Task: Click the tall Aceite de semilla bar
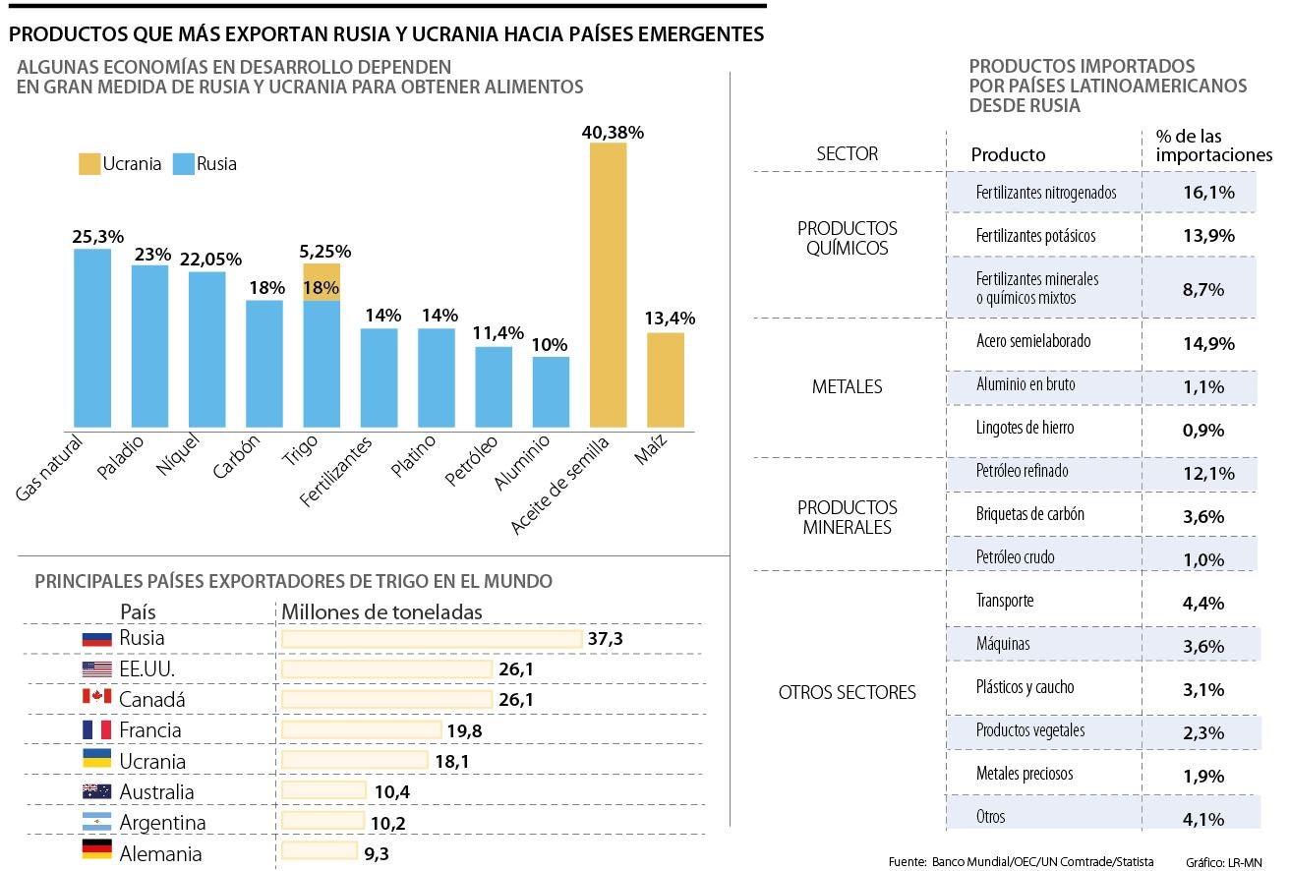(x=608, y=285)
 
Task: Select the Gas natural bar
(x=92, y=338)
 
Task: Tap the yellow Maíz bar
(x=666, y=380)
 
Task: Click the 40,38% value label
(x=613, y=132)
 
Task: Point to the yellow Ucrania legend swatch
(x=89, y=164)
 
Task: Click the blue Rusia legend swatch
(x=183, y=164)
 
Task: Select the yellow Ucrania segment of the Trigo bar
(x=322, y=281)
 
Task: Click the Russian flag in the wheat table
(x=97, y=639)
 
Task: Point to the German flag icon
(x=97, y=852)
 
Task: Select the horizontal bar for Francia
(x=361, y=730)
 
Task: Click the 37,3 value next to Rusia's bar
(x=606, y=639)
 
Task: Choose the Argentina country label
(x=162, y=822)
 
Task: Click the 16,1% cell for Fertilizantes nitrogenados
(x=1208, y=193)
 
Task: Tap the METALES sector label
(x=848, y=386)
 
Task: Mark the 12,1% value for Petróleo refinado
(x=1208, y=474)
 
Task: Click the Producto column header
(x=1008, y=155)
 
